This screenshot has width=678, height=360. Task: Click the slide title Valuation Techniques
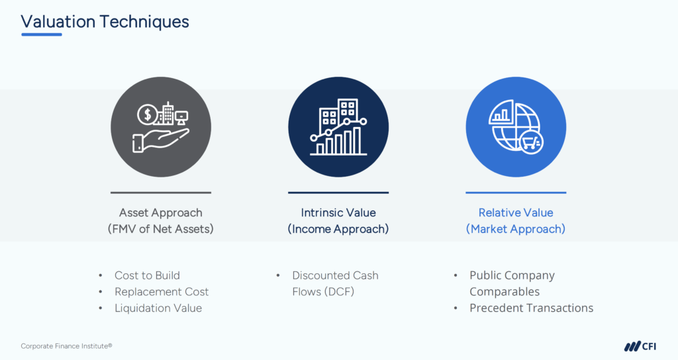[x=105, y=22]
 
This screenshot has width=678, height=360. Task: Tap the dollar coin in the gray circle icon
[x=148, y=114]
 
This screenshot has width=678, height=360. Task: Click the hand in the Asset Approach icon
[x=161, y=141]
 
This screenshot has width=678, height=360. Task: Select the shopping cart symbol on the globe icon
[x=531, y=142]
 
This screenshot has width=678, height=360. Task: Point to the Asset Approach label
[x=161, y=212]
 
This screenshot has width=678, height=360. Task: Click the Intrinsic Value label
[x=338, y=212]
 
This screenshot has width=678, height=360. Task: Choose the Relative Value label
[x=516, y=212]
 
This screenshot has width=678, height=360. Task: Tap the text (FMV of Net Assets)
[x=161, y=228]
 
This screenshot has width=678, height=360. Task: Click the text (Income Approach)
[x=338, y=228]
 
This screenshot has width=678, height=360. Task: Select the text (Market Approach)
[x=516, y=228]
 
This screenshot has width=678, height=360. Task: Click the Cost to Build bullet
[x=147, y=275]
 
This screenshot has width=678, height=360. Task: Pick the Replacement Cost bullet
[x=162, y=292]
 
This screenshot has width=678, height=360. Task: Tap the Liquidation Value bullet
[x=158, y=308]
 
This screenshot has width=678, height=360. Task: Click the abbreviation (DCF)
[x=339, y=292]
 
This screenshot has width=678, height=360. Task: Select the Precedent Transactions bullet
[x=532, y=308]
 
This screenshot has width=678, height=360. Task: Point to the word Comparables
[x=505, y=292]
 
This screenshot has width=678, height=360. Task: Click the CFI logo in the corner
[x=640, y=346]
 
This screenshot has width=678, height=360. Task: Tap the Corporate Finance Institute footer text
[x=67, y=345]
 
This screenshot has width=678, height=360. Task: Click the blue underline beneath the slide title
[x=42, y=34]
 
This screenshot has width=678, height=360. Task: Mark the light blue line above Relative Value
[x=516, y=193]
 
